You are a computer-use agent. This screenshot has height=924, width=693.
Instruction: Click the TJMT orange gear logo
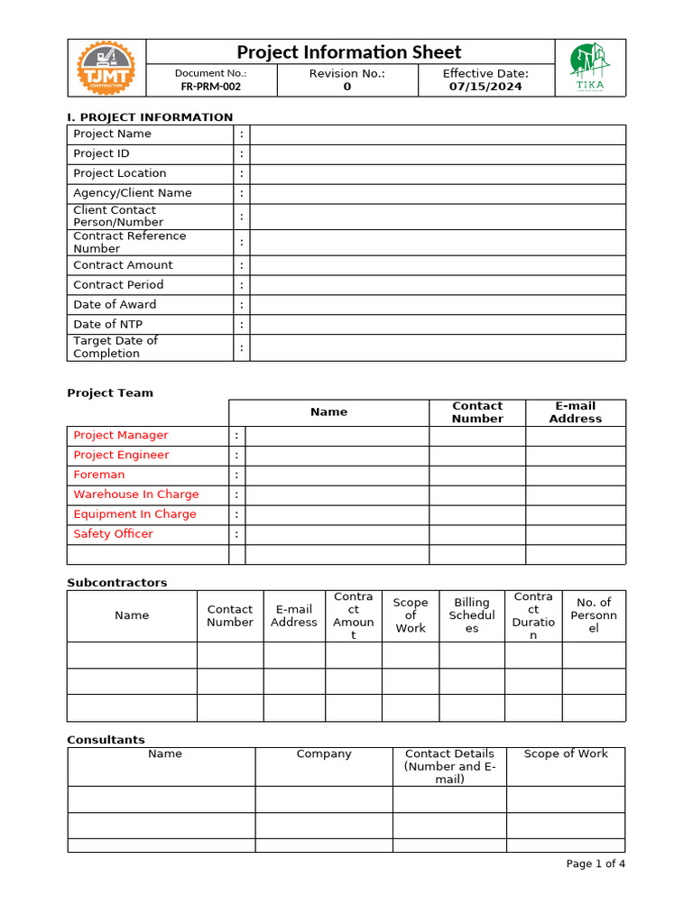(106, 68)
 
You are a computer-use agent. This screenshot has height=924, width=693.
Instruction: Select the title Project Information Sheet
(348, 52)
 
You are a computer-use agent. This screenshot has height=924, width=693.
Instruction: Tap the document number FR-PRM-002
(210, 88)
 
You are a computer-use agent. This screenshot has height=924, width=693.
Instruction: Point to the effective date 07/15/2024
(485, 88)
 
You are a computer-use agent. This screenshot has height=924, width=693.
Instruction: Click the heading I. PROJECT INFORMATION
(150, 117)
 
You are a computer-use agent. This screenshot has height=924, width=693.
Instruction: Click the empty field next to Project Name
(438, 134)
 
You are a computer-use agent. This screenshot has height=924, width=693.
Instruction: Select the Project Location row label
(120, 173)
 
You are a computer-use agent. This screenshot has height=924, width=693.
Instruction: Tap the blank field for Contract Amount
(438, 265)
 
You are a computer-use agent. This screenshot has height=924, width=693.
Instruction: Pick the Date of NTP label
(107, 325)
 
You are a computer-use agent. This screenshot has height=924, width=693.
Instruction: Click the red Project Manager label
(121, 436)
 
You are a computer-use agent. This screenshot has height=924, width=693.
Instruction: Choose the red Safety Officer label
(113, 534)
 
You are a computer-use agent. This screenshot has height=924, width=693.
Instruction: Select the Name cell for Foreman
(337, 476)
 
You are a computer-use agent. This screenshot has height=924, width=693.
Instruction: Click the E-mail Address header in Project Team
(575, 412)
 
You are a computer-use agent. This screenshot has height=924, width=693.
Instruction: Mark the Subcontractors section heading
(116, 583)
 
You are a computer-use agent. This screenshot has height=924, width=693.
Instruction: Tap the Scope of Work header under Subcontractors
(411, 615)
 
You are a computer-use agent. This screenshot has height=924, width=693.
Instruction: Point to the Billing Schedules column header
(472, 615)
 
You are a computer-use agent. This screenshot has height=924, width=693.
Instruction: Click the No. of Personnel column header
(593, 615)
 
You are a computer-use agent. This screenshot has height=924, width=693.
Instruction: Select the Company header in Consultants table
(324, 754)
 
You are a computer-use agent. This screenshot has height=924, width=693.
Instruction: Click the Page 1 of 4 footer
(595, 864)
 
